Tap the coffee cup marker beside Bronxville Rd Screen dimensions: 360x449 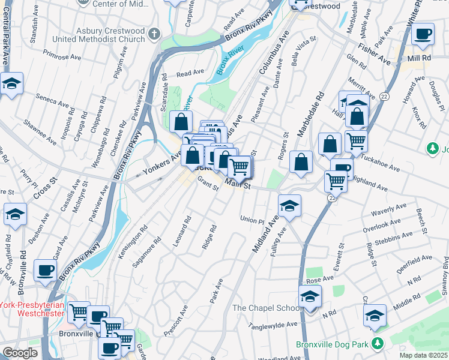click(46, 270)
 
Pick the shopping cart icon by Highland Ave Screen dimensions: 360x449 click(336, 181)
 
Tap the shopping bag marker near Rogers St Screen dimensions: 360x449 click(301, 161)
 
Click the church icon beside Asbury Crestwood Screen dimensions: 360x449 click(155, 34)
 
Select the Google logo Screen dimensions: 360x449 click(20, 353)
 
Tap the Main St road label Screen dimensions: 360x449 click(237, 187)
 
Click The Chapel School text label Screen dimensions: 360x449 click(267, 308)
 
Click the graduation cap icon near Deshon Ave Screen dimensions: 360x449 click(15, 214)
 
